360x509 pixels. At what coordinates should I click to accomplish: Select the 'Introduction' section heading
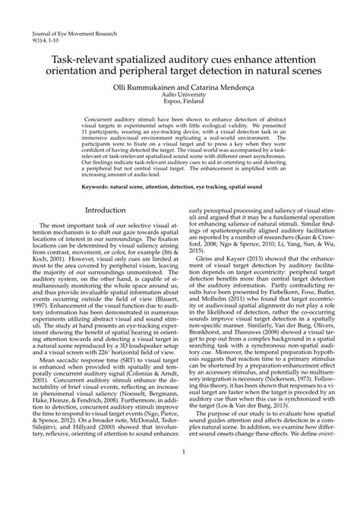(x=106, y=210)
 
